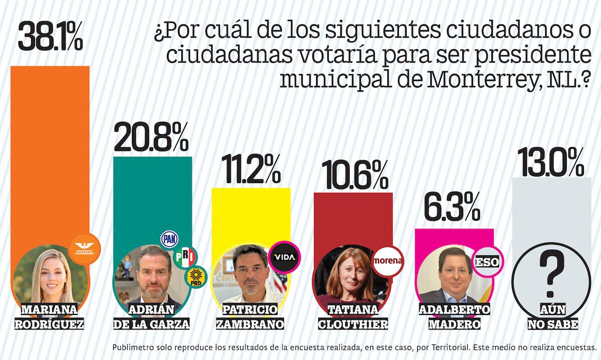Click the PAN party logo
(169, 239)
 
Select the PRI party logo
(185, 257)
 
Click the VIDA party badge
(284, 257)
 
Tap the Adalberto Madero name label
(454, 316)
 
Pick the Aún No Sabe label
(552, 316)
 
